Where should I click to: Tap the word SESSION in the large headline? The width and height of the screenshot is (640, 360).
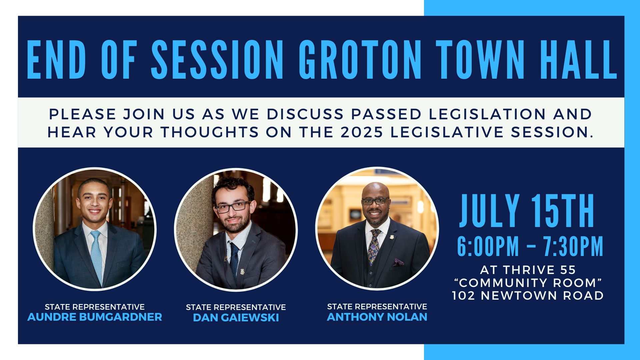pos(217,60)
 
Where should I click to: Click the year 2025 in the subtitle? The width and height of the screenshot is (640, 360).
pos(362,132)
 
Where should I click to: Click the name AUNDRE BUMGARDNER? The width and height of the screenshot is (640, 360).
pos(95,317)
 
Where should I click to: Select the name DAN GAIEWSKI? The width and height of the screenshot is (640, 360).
pos(236,318)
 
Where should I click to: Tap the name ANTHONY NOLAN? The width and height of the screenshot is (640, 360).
pos(377,317)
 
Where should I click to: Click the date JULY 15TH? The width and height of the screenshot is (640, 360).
pos(527,211)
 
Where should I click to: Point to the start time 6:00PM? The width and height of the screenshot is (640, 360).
pos(488,247)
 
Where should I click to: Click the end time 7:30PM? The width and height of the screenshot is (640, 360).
pos(573,247)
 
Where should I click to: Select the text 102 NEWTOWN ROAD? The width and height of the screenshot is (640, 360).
pos(528,296)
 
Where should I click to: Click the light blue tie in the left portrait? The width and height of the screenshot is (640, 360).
pos(96,253)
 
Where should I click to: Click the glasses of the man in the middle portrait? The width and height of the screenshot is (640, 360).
pos(232,206)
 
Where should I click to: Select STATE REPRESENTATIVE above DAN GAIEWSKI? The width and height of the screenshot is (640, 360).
pos(236,307)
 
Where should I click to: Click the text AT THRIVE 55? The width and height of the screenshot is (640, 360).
pos(528,270)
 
